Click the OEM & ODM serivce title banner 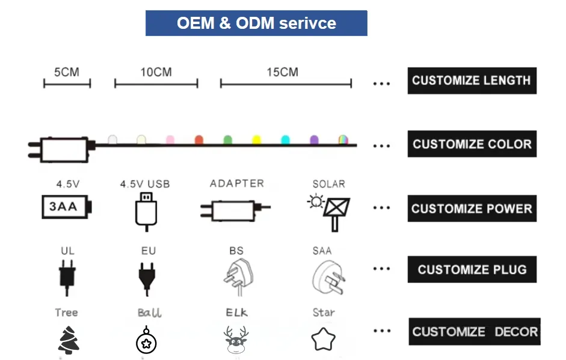(x=256, y=23)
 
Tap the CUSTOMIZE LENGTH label (x=472, y=81)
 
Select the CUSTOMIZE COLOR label (x=472, y=144)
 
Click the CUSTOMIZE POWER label (x=472, y=209)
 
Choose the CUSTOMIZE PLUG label (x=472, y=269)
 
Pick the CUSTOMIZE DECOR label (x=475, y=331)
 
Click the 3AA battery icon (x=66, y=207)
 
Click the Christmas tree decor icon (x=67, y=339)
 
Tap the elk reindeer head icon (x=236, y=340)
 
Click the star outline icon (x=323, y=340)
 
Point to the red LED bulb (x=198, y=140)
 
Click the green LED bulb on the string (x=227, y=140)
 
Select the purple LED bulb (x=313, y=140)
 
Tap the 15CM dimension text (x=282, y=72)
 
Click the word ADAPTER (x=236, y=183)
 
